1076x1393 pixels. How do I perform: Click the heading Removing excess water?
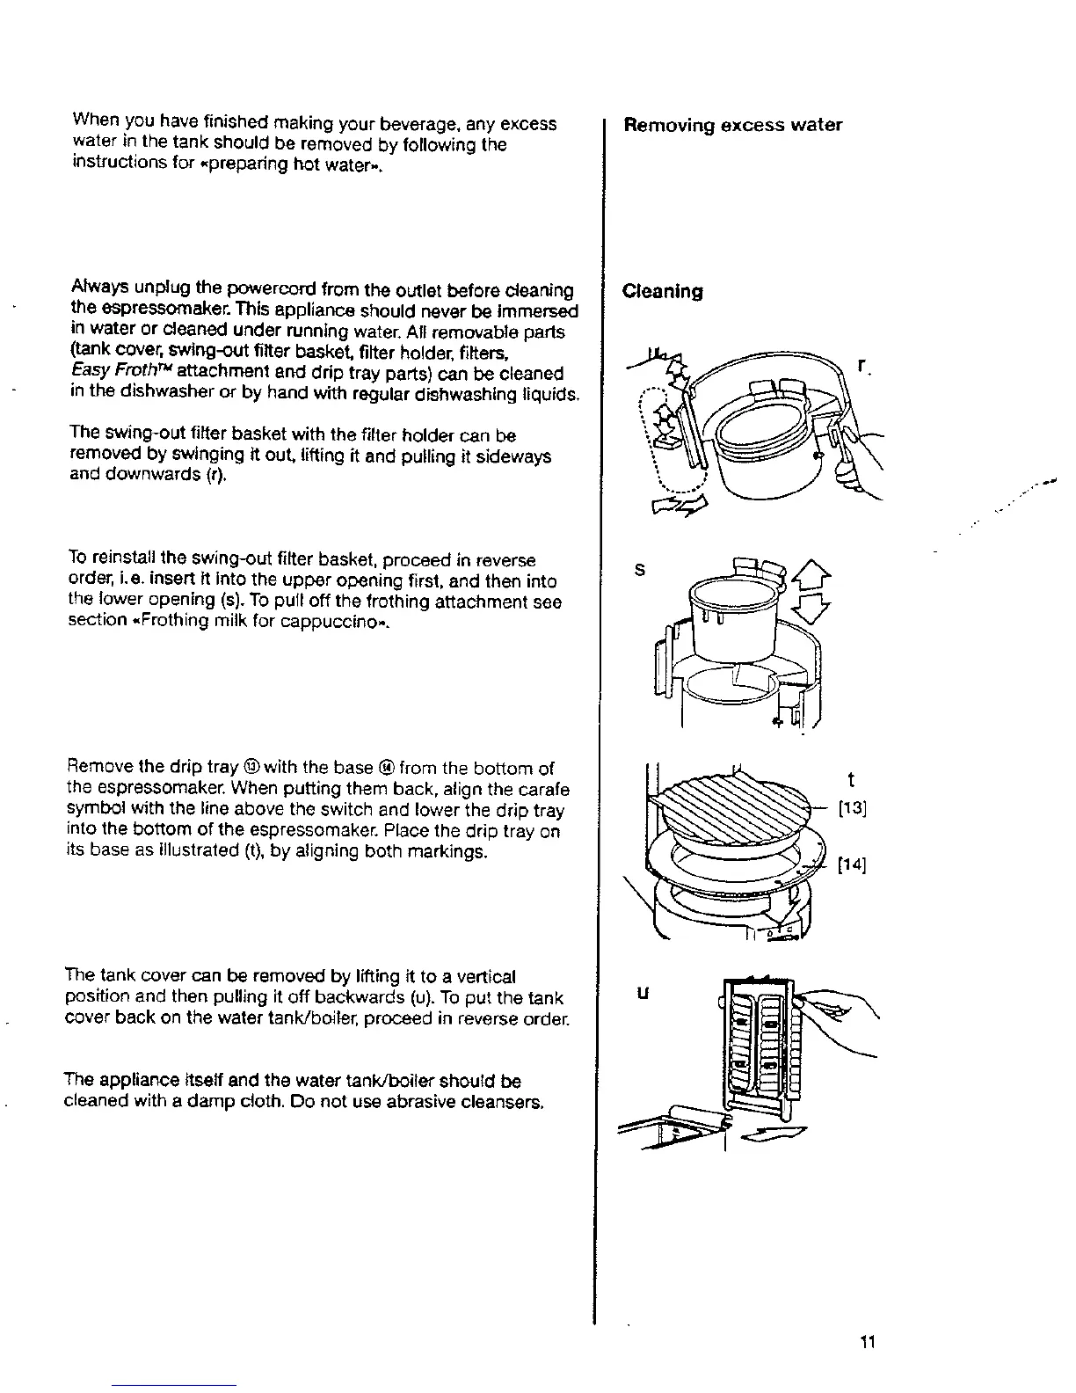coord(732,125)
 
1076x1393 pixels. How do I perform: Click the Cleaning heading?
coord(662,291)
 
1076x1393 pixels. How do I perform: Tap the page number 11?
coord(868,1342)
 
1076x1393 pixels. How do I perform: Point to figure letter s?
coord(640,570)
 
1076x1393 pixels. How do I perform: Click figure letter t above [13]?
coord(850,780)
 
